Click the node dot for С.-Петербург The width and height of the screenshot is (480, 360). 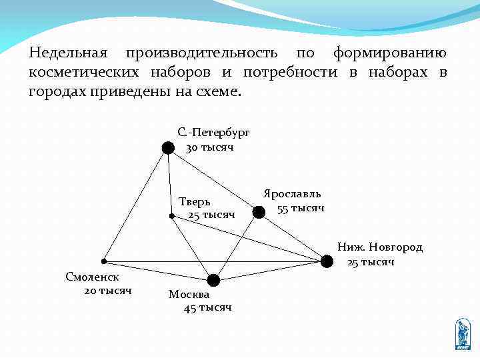pyautogui.click(x=168, y=147)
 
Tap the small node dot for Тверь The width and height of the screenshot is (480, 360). pyautogui.click(x=171, y=216)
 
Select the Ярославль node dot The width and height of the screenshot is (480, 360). pyautogui.click(x=259, y=213)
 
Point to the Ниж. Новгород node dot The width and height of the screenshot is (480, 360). pyautogui.click(x=327, y=261)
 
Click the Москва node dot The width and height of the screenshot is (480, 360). pyautogui.click(x=213, y=279)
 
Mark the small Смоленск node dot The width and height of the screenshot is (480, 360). pyautogui.click(x=104, y=261)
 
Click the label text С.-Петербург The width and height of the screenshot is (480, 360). pyautogui.click(x=213, y=133)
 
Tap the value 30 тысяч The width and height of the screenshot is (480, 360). pyautogui.click(x=209, y=147)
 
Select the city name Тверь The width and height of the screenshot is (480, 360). pyautogui.click(x=195, y=201)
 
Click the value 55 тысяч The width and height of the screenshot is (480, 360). pyautogui.click(x=301, y=208)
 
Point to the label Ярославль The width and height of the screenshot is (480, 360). pyautogui.click(x=292, y=193)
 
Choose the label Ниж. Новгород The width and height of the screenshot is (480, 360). pyautogui.click(x=379, y=247)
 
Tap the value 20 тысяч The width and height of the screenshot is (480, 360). pyautogui.click(x=108, y=291)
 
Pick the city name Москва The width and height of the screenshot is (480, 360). pyautogui.click(x=189, y=294)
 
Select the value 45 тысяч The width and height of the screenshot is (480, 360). pyautogui.click(x=207, y=307)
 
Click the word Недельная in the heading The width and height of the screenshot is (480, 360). pyautogui.click(x=70, y=53)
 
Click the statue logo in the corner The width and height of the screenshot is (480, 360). pyautogui.click(x=463, y=334)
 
